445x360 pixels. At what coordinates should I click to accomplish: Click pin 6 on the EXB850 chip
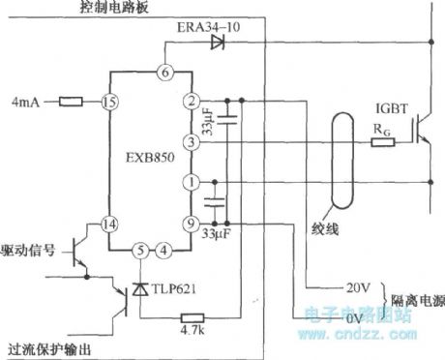(x=164, y=72)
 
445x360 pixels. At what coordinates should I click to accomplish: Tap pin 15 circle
(x=109, y=101)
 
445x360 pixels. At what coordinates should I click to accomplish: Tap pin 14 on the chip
(x=109, y=223)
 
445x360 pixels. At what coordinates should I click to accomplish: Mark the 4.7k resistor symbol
(x=192, y=315)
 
